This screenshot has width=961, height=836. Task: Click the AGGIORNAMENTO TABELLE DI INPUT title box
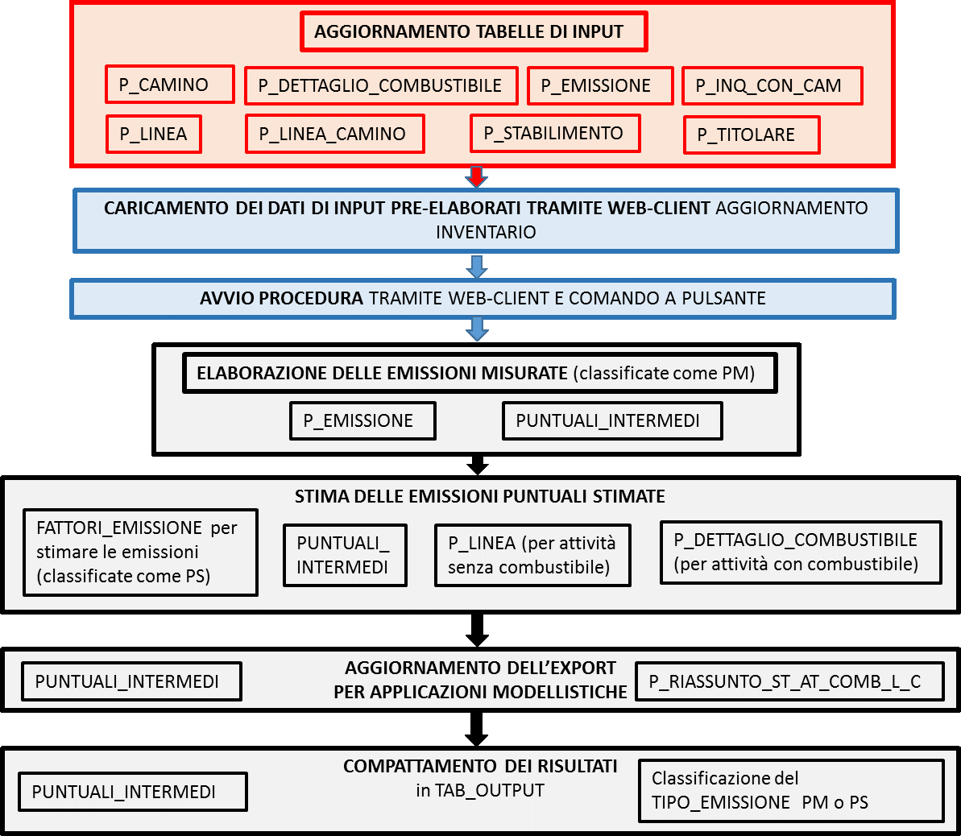(x=474, y=31)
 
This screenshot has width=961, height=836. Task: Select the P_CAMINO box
(x=170, y=85)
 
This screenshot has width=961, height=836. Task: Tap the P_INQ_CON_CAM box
(x=773, y=86)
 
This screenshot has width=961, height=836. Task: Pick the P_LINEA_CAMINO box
(x=334, y=134)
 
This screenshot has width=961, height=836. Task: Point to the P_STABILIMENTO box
(x=555, y=133)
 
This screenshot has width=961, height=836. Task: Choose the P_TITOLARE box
(x=752, y=135)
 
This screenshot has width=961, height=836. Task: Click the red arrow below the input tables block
(x=477, y=176)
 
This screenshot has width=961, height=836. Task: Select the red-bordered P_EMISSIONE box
(x=601, y=86)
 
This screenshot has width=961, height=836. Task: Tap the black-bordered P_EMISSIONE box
(x=362, y=421)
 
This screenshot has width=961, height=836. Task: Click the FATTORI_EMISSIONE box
(x=140, y=553)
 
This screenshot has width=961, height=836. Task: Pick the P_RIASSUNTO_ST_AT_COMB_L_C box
(x=789, y=681)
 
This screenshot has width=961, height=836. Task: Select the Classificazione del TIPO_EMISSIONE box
(x=791, y=791)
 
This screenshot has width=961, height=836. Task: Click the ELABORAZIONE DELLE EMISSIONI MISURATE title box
(x=480, y=373)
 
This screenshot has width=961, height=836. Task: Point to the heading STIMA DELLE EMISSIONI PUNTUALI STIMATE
(x=480, y=496)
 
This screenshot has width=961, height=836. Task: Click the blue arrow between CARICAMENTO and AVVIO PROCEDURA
(x=477, y=267)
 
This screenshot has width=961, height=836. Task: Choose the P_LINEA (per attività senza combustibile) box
(x=532, y=555)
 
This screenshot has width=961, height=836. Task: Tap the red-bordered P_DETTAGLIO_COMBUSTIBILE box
(x=381, y=86)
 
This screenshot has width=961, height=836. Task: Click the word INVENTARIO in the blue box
(x=486, y=232)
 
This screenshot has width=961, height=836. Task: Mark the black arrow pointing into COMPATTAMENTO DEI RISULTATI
(x=477, y=730)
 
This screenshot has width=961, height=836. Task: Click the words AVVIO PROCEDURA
(x=281, y=299)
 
